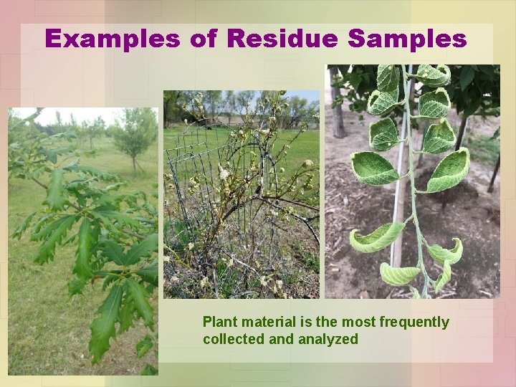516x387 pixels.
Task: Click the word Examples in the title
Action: (x=113, y=39)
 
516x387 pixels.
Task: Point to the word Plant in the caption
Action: (x=220, y=322)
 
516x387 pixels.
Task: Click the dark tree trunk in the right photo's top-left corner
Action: (x=337, y=100)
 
